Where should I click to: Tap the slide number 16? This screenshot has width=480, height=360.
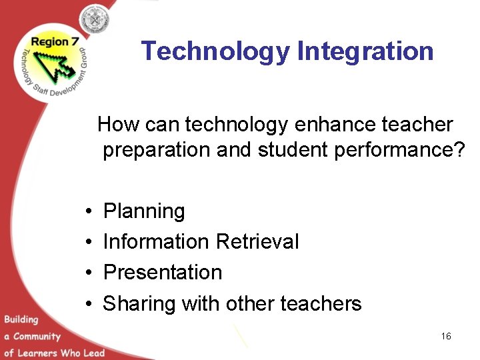click(446, 336)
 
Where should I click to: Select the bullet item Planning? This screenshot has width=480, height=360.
click(144, 211)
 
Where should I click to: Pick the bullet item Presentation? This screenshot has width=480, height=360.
click(163, 272)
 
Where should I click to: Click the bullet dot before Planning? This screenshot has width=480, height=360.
click(89, 212)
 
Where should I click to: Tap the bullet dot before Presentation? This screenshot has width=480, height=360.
click(89, 273)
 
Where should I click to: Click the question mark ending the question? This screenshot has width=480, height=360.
click(457, 150)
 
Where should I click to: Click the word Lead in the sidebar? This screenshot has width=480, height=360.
click(93, 353)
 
